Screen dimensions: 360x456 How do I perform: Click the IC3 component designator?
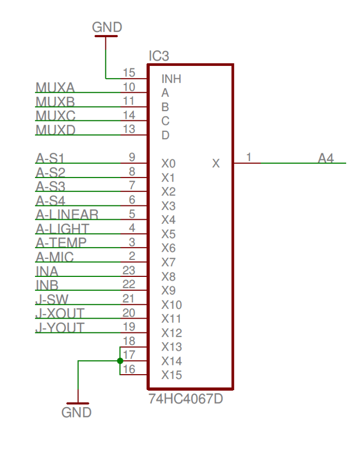tap(158, 56)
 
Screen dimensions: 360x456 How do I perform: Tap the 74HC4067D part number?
tap(186, 399)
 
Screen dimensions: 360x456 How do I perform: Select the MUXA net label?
tap(55, 87)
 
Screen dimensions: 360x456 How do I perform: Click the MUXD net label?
tap(56, 130)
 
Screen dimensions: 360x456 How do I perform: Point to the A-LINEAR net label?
tap(67, 215)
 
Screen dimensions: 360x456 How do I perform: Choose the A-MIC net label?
tap(55, 257)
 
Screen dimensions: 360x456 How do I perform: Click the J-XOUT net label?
tap(60, 313)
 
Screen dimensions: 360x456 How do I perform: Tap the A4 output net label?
tap(326, 158)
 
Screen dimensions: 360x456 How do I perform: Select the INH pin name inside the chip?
tap(171, 79)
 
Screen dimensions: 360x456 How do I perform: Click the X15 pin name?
tap(172, 375)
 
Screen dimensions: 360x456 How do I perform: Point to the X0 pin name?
tap(169, 164)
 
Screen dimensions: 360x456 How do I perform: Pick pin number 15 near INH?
tap(129, 73)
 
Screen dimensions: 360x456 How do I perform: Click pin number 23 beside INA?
tap(129, 270)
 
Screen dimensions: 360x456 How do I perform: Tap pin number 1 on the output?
tap(249, 157)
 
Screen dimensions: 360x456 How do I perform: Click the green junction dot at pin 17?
tap(120, 361)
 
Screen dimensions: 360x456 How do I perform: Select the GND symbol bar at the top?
tap(106, 36)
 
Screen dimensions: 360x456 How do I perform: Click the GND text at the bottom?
tap(77, 412)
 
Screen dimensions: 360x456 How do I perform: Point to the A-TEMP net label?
tap(61, 243)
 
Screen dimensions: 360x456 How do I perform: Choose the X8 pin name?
tap(169, 276)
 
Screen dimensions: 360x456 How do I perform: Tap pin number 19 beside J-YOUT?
tap(129, 327)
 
